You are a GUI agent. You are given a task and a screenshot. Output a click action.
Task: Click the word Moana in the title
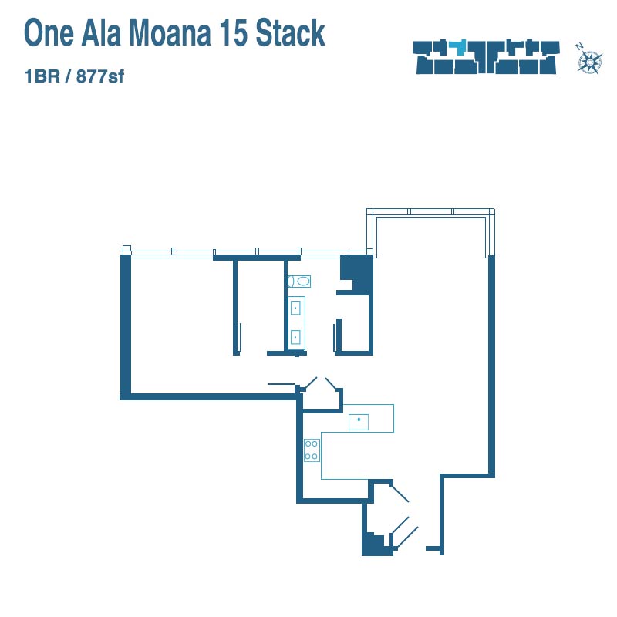(x=170, y=33)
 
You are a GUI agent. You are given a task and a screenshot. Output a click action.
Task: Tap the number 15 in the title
(x=234, y=33)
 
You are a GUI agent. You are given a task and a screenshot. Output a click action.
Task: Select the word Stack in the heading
(x=291, y=33)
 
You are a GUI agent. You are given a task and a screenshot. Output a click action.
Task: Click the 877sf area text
(x=100, y=76)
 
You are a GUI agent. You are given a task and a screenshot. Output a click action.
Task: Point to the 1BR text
(x=42, y=76)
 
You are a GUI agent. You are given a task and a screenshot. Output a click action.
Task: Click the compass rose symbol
(x=590, y=62)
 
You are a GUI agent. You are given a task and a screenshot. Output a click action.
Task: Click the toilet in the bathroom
(x=299, y=282)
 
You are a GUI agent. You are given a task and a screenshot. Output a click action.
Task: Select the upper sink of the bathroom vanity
(x=295, y=308)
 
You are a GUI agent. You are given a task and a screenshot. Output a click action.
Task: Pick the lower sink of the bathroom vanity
(x=295, y=337)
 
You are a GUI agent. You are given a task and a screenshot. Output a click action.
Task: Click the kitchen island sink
(x=359, y=422)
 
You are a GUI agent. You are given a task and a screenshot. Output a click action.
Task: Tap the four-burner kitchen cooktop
(x=312, y=450)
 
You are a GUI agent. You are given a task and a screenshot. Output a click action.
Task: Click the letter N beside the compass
(x=580, y=46)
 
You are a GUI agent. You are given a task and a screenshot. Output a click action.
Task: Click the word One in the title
(x=49, y=33)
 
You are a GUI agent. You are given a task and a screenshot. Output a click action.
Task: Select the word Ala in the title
(x=101, y=33)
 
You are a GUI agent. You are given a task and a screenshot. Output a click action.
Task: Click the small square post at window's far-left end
(x=126, y=249)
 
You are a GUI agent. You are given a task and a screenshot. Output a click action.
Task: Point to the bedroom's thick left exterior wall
(x=125, y=326)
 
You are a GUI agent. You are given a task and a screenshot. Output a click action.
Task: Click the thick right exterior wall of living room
(x=491, y=366)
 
